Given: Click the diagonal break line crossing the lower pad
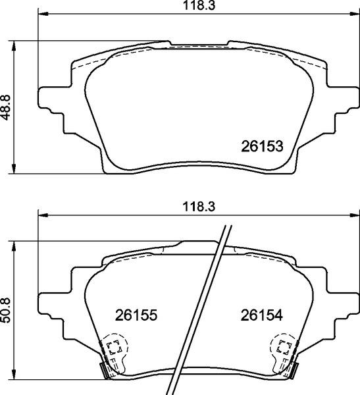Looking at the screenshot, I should tap(201, 309).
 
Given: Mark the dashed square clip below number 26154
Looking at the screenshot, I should tap(285, 347).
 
